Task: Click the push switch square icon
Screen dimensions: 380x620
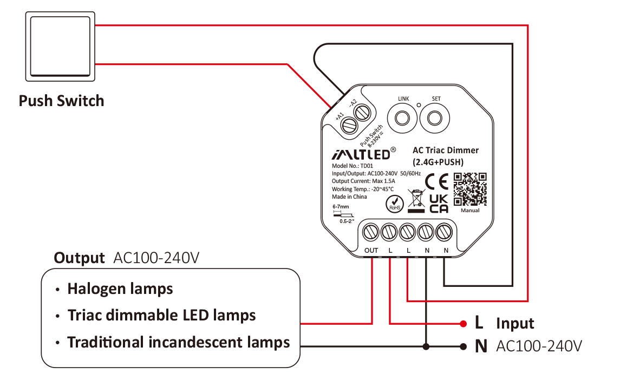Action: tap(60, 47)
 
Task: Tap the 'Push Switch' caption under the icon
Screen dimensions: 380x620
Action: tap(61, 101)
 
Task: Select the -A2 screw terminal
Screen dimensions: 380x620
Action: tap(361, 113)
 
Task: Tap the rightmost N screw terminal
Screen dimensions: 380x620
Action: tap(444, 233)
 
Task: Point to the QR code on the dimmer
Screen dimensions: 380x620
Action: tap(469, 189)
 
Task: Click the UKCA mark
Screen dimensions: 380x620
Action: tap(438, 204)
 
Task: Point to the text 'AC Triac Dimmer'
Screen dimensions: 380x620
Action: tap(445, 150)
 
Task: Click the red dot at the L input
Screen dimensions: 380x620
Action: tap(464, 324)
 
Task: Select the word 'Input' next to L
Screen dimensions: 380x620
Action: tap(515, 324)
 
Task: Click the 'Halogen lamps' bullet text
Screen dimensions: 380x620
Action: tap(120, 289)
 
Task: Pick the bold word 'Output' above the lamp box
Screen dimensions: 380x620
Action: tap(79, 258)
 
